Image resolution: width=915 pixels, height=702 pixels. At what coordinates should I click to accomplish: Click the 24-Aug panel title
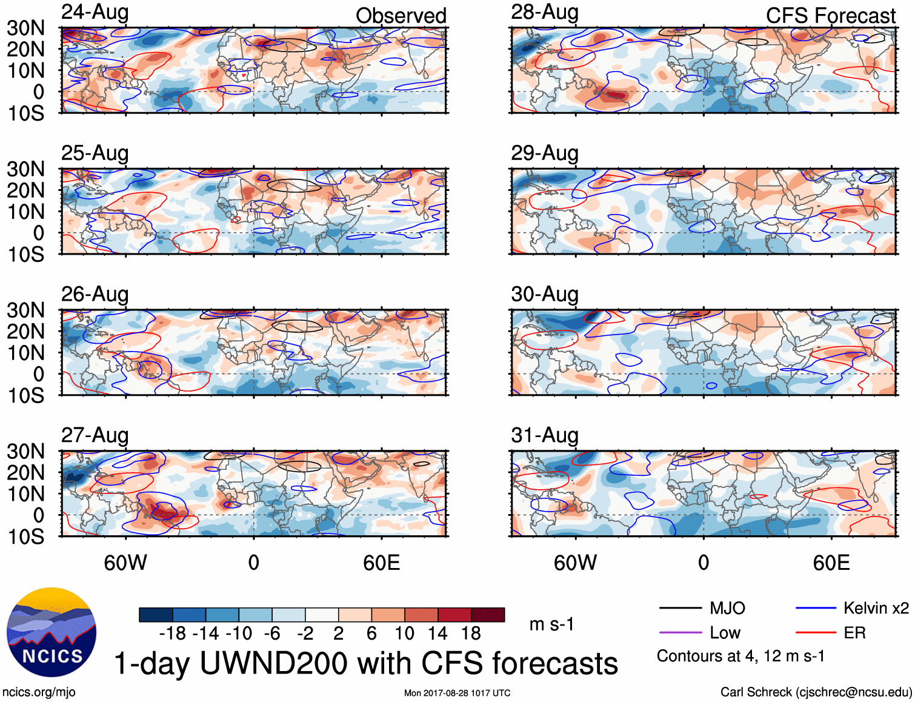tap(95, 13)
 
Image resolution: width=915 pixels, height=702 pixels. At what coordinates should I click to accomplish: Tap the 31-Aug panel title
tap(544, 435)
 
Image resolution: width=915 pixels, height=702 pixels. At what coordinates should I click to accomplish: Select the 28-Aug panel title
tap(544, 13)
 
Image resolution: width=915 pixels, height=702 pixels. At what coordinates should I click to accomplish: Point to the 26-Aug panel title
tap(95, 295)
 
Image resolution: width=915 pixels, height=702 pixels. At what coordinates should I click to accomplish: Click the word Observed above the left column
tap(401, 16)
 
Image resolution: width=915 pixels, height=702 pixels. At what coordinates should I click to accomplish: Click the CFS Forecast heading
tap(830, 16)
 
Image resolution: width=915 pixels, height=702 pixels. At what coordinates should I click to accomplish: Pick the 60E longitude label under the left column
tap(381, 563)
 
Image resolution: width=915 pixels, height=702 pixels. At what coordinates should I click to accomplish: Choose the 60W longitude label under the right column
tap(575, 563)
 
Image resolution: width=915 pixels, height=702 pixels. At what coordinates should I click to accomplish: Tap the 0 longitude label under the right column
tap(703, 563)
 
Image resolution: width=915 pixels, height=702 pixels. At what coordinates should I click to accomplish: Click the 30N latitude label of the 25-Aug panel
tap(25, 169)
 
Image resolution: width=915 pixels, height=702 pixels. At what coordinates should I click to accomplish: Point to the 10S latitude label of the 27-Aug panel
tap(25, 537)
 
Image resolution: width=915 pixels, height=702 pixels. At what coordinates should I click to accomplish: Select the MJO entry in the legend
tap(727, 608)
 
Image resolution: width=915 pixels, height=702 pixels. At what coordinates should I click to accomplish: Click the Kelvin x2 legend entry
tap(876, 608)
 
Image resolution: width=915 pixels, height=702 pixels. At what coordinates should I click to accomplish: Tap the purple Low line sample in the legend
tap(680, 633)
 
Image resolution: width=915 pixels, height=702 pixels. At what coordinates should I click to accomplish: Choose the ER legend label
tap(854, 633)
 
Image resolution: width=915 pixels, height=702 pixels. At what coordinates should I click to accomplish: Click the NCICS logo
tap(52, 632)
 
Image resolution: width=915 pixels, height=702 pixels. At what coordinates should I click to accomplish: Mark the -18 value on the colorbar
tap(172, 633)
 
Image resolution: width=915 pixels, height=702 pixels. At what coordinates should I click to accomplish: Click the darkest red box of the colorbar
tap(488, 615)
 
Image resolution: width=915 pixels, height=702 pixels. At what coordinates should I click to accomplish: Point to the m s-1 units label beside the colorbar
tap(551, 624)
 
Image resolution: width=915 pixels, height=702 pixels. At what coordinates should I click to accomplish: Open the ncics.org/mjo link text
tap(39, 692)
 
